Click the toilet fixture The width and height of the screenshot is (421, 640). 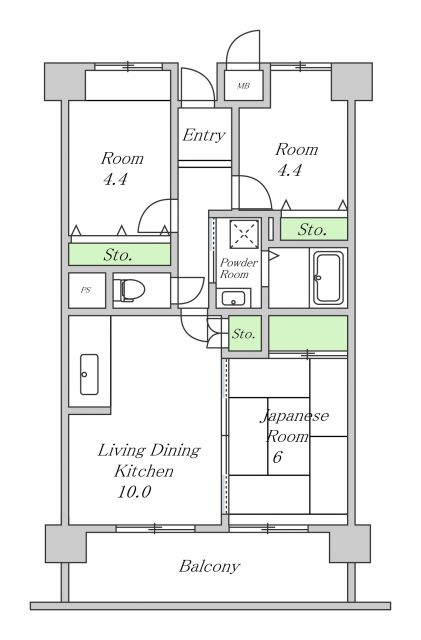point(131,290)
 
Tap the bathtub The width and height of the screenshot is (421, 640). point(328,278)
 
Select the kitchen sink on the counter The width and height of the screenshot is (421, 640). point(89,374)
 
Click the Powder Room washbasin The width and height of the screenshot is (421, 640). point(233,298)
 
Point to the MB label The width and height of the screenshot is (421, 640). point(243,86)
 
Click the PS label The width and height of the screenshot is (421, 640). point(86,290)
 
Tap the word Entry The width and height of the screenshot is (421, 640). point(204,135)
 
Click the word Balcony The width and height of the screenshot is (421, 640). point(209,566)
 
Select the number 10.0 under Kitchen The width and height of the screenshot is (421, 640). point(134,491)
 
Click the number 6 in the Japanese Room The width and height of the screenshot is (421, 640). point(277,457)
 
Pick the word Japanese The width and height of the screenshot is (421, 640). point(295,416)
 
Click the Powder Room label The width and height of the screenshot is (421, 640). point(238,268)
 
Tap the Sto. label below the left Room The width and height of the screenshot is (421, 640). point(118,255)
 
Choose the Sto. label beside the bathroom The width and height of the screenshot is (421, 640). point(312,230)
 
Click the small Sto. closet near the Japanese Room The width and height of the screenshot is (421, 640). point(244,333)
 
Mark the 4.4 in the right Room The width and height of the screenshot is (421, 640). point(290,169)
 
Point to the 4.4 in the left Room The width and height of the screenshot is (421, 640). point(116,179)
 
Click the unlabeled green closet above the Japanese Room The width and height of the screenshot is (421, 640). point(308,333)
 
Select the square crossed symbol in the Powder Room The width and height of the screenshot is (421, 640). point(244,234)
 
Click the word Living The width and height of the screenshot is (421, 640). point(121,451)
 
